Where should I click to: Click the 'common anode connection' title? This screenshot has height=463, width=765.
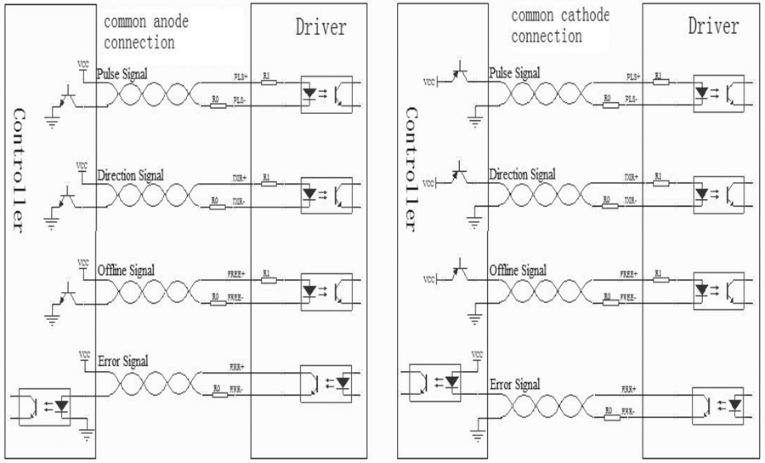146,31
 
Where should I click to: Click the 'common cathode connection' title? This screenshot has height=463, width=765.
560,26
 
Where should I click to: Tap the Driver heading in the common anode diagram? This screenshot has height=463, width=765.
320,27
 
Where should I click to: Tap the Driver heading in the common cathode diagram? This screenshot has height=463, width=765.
713,26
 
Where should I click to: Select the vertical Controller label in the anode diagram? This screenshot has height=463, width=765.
22,170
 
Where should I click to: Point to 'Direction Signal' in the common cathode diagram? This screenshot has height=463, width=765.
522,174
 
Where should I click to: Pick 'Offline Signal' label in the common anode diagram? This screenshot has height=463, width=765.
126,270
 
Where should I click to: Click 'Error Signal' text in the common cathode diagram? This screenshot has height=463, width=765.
515,385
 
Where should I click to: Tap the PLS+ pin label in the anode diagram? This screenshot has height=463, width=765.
239,77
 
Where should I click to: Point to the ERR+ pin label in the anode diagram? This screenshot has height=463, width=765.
237,369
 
